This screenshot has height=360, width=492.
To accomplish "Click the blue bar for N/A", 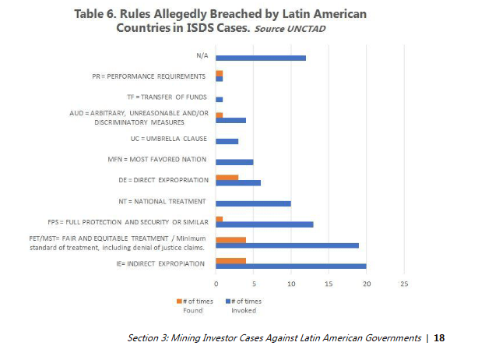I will tap(260, 58).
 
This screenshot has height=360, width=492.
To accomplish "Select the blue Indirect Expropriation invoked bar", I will tap(290, 266).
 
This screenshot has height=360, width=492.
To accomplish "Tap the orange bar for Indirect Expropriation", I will tap(230, 261).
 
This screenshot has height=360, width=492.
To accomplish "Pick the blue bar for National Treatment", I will tap(253, 204).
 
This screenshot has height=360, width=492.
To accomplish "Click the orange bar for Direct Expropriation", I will tap(227, 178).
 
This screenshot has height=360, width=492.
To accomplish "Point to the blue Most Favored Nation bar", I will tap(234, 162).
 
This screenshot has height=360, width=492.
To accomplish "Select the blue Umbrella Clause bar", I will tap(227, 141).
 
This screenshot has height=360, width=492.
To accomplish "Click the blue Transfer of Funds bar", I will tap(219, 100).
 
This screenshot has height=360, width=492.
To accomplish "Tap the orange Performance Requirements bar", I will tap(219, 73).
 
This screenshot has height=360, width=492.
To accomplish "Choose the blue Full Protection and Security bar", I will tap(264, 224).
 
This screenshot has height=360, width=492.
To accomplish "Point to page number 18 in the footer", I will tap(439, 338).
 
